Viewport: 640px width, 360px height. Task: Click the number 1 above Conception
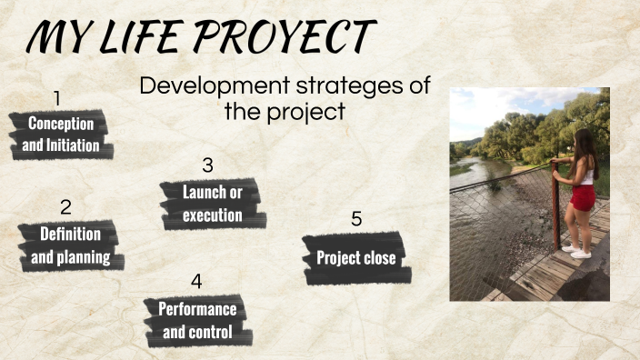pos(57,97)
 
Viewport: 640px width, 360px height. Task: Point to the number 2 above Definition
pos(65,208)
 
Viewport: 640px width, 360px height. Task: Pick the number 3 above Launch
pos(207,165)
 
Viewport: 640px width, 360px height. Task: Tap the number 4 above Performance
pos(196,281)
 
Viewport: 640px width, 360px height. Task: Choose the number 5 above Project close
pos(356,219)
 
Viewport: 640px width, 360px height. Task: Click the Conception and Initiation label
pos(61,135)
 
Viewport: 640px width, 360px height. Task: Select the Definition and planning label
pos(70,245)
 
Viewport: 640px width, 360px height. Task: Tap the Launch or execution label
pos(212,204)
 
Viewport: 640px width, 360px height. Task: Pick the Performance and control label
pos(197,320)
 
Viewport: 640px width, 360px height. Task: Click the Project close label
pos(355,258)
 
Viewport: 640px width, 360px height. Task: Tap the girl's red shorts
pos(583,196)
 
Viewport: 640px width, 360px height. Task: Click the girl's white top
pos(586,175)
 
